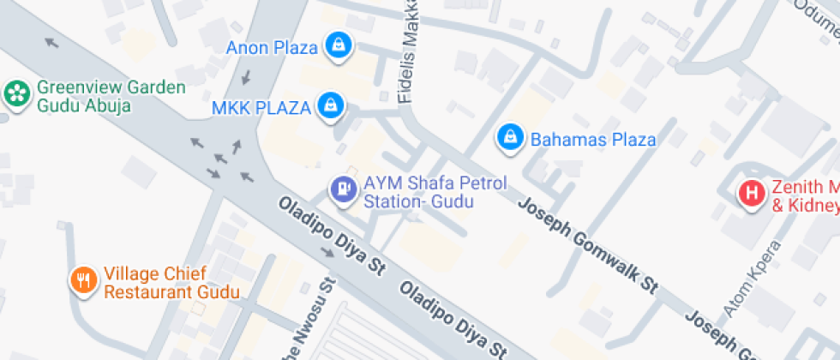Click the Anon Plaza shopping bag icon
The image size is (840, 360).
(339, 46)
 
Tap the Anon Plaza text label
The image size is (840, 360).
(272, 47)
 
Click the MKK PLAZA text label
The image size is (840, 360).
(261, 108)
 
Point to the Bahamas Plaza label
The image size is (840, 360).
(593, 140)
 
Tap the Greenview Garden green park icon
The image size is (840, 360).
(15, 94)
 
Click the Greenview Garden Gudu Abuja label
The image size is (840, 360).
(109, 96)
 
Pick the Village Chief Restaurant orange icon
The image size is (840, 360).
(83, 280)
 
